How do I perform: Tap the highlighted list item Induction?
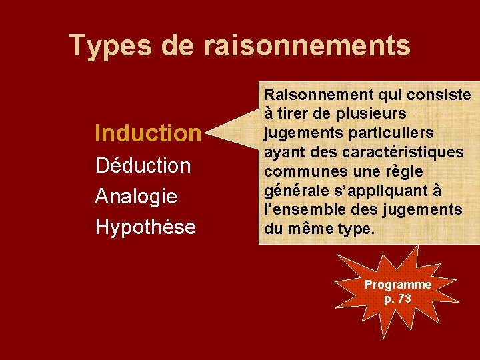click(147, 133)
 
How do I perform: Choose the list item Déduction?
click(143, 165)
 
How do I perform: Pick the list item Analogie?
click(136, 196)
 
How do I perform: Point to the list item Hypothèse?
click(145, 227)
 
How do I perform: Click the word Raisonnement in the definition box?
click(317, 95)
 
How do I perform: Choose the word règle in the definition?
click(403, 171)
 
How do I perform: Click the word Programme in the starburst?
click(398, 285)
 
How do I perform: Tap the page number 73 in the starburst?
click(404, 299)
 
